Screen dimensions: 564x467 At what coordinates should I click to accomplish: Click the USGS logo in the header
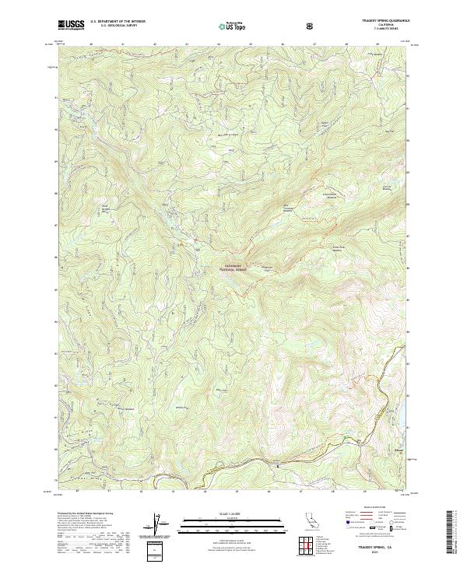click(x=71, y=25)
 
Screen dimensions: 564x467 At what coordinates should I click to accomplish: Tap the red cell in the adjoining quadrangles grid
click(x=309, y=545)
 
